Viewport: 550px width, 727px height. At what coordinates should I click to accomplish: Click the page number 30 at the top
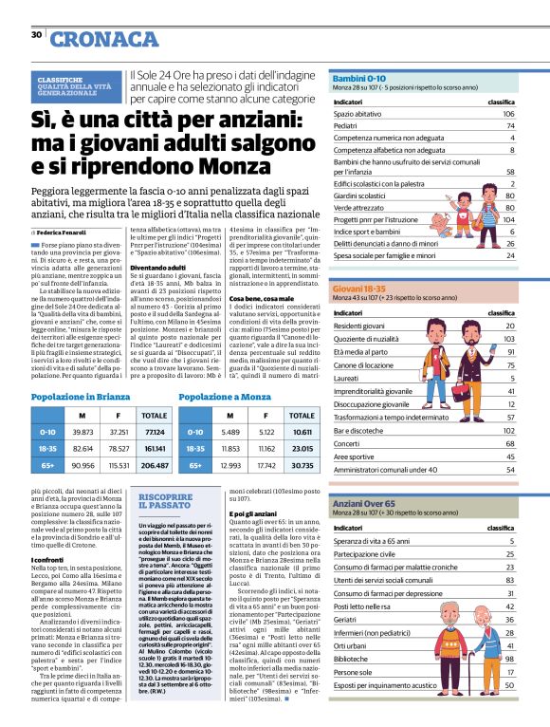coord(36,35)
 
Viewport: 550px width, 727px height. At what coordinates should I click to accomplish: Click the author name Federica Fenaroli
coord(59,231)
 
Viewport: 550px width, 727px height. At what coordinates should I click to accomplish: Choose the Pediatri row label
coord(347,125)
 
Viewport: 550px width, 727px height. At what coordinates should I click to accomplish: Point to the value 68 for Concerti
coord(509,442)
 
